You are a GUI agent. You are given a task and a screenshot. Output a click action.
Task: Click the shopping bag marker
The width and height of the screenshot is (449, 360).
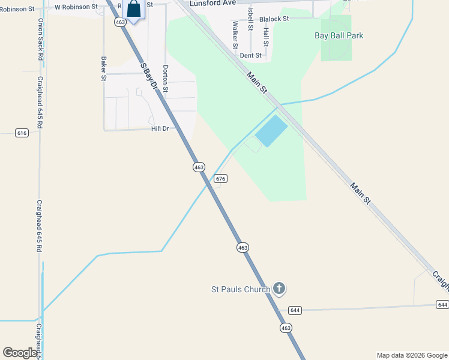coord(134,10)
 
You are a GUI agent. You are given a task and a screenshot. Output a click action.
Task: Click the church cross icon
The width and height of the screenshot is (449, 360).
coord(279,289)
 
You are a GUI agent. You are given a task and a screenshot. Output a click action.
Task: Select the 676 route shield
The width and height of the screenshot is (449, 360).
coord(220,179)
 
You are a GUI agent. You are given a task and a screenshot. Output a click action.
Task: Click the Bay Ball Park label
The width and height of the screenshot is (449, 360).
coord(339,35)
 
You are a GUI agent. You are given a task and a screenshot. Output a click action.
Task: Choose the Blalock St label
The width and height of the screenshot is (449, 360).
coord(274,19)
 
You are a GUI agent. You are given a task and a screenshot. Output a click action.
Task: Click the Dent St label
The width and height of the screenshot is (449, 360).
coord(251,55)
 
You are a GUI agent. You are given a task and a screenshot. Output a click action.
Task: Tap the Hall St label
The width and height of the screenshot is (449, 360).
coord(265,37)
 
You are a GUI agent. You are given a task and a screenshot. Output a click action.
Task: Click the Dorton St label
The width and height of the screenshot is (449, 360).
coord(166,79)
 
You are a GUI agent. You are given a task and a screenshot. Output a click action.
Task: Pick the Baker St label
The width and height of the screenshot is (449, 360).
coord(104,68)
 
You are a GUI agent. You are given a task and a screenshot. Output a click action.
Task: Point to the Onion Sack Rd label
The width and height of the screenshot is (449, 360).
coord(41,39)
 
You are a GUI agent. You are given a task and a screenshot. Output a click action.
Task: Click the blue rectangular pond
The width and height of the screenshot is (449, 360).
coord(271,131)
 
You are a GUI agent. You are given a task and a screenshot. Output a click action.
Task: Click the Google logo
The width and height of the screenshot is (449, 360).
coord(20,353)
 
